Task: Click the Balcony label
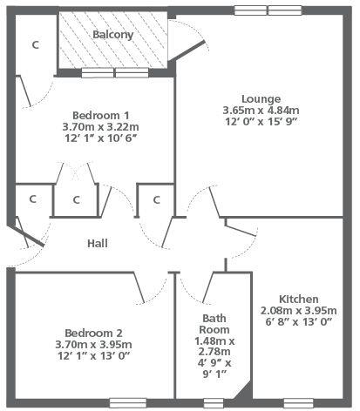(113, 35)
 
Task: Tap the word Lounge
(262, 99)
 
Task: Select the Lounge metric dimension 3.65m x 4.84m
(261, 111)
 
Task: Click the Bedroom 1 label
(100, 115)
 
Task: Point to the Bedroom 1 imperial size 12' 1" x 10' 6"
(100, 138)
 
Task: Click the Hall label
(98, 243)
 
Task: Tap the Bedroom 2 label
(93, 333)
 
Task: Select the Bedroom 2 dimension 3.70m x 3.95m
(93, 344)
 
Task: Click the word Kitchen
(299, 299)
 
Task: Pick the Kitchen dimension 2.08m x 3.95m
(299, 311)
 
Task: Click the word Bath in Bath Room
(214, 318)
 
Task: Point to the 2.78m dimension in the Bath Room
(214, 352)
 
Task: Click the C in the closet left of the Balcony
(35, 45)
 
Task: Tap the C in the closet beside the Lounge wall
(157, 199)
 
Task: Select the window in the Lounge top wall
(268, 10)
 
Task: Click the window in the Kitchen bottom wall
(298, 403)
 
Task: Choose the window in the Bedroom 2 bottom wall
(128, 403)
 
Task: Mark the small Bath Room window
(214, 403)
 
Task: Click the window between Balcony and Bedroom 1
(115, 72)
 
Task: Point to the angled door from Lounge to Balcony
(187, 51)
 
